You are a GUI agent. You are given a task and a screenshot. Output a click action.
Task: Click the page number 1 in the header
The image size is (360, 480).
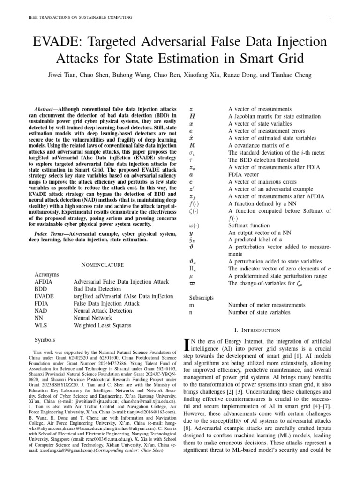click(330, 18)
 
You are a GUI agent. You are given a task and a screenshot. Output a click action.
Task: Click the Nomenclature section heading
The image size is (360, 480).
click(102, 265)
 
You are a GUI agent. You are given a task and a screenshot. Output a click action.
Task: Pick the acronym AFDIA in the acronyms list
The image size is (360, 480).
click(45, 282)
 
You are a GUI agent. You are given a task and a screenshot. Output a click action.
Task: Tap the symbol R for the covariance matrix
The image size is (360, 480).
click(192, 146)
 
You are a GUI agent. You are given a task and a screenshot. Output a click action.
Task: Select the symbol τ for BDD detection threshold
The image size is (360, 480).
click(191, 160)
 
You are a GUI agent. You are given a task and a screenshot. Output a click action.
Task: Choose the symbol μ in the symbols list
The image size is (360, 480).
click(191, 276)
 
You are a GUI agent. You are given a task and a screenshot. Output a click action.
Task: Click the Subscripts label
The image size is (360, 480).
click(201, 298)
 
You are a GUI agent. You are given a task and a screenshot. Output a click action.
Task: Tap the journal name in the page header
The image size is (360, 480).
click(81, 18)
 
